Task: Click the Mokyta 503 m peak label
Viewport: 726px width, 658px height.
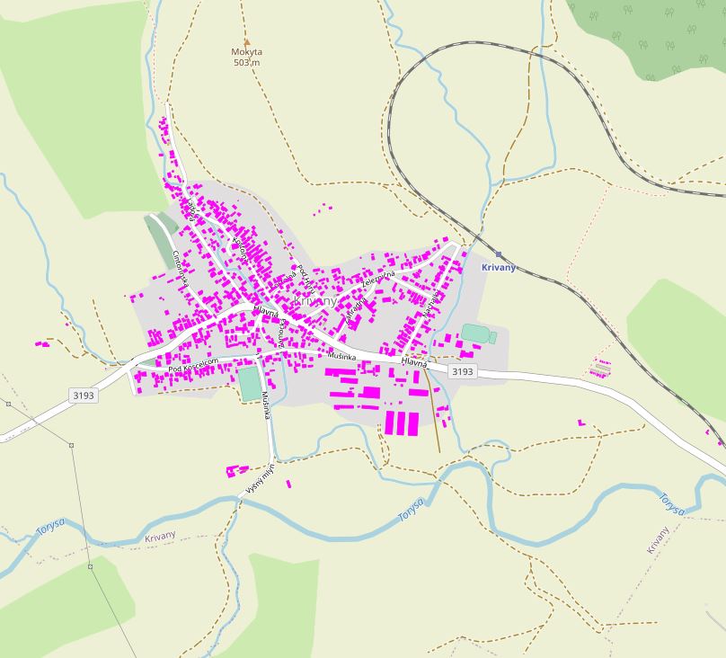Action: [245, 57]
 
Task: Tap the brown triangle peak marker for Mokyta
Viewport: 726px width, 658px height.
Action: [246, 41]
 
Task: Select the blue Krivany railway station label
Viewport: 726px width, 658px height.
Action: [499, 268]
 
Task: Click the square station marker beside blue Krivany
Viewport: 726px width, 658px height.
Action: [499, 254]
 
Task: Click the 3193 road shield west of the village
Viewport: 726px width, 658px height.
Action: [83, 395]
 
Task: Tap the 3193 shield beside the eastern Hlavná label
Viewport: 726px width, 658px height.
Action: [462, 371]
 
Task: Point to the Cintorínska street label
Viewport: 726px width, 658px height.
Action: [180, 268]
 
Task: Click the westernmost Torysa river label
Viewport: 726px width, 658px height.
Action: [51, 529]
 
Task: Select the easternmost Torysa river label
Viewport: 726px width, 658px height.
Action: [671, 503]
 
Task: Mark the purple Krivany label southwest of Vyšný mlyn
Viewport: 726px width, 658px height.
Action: [160, 538]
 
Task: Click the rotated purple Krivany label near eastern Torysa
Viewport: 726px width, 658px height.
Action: [658, 539]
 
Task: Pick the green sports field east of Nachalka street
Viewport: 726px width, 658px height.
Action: [476, 333]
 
